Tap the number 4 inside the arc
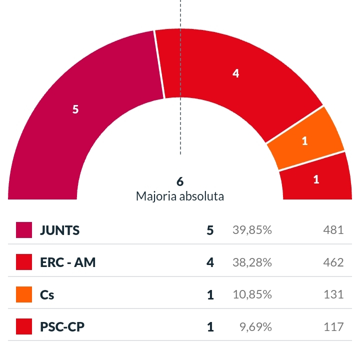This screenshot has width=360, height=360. pyautogui.click(x=236, y=73)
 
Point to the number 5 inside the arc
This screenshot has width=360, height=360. pyautogui.click(x=75, y=109)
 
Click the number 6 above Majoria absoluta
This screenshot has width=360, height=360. pyautogui.click(x=180, y=181)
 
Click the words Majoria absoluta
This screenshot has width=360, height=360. pyautogui.click(x=180, y=196)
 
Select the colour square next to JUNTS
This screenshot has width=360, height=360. pyautogui.click(x=24, y=230)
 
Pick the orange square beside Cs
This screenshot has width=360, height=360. pyautogui.click(x=24, y=295)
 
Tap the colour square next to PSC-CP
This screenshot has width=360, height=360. pyautogui.click(x=24, y=327)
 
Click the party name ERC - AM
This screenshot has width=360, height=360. pyautogui.click(x=67, y=262)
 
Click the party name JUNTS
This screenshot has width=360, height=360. pyautogui.click(x=60, y=230)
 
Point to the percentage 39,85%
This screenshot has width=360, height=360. pyautogui.click(x=252, y=230)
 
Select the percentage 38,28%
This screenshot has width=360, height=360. pyautogui.click(x=252, y=262)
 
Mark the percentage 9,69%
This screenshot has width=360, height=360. pyautogui.click(x=256, y=327)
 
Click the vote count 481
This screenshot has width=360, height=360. pyautogui.click(x=333, y=230)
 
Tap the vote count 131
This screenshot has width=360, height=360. pyautogui.click(x=333, y=295)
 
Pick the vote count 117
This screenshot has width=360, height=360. pyautogui.click(x=333, y=327)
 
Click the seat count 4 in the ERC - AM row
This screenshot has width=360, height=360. pyautogui.click(x=210, y=262)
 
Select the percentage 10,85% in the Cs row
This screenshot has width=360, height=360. pyautogui.click(x=252, y=295)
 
